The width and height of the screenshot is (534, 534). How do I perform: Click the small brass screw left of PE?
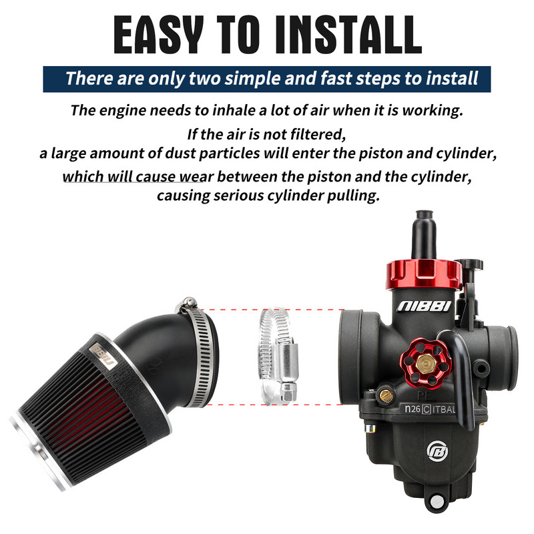(385, 396)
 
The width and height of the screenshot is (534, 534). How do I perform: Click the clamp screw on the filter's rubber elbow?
(186, 308)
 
